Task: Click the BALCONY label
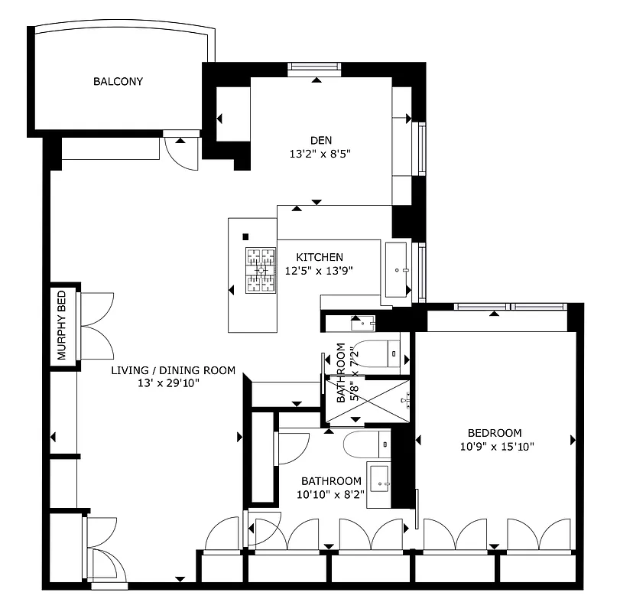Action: tap(118, 81)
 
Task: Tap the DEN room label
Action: tap(320, 140)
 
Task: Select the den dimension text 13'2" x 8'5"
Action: tap(320, 153)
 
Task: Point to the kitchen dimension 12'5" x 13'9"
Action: tap(320, 270)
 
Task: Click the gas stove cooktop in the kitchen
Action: tap(261, 271)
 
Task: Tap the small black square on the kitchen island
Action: tap(245, 236)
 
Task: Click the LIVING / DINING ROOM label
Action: tap(173, 370)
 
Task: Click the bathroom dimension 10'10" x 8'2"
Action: tap(331, 494)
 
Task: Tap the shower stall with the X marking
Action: tap(368, 400)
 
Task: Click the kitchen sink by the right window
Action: tap(397, 269)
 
